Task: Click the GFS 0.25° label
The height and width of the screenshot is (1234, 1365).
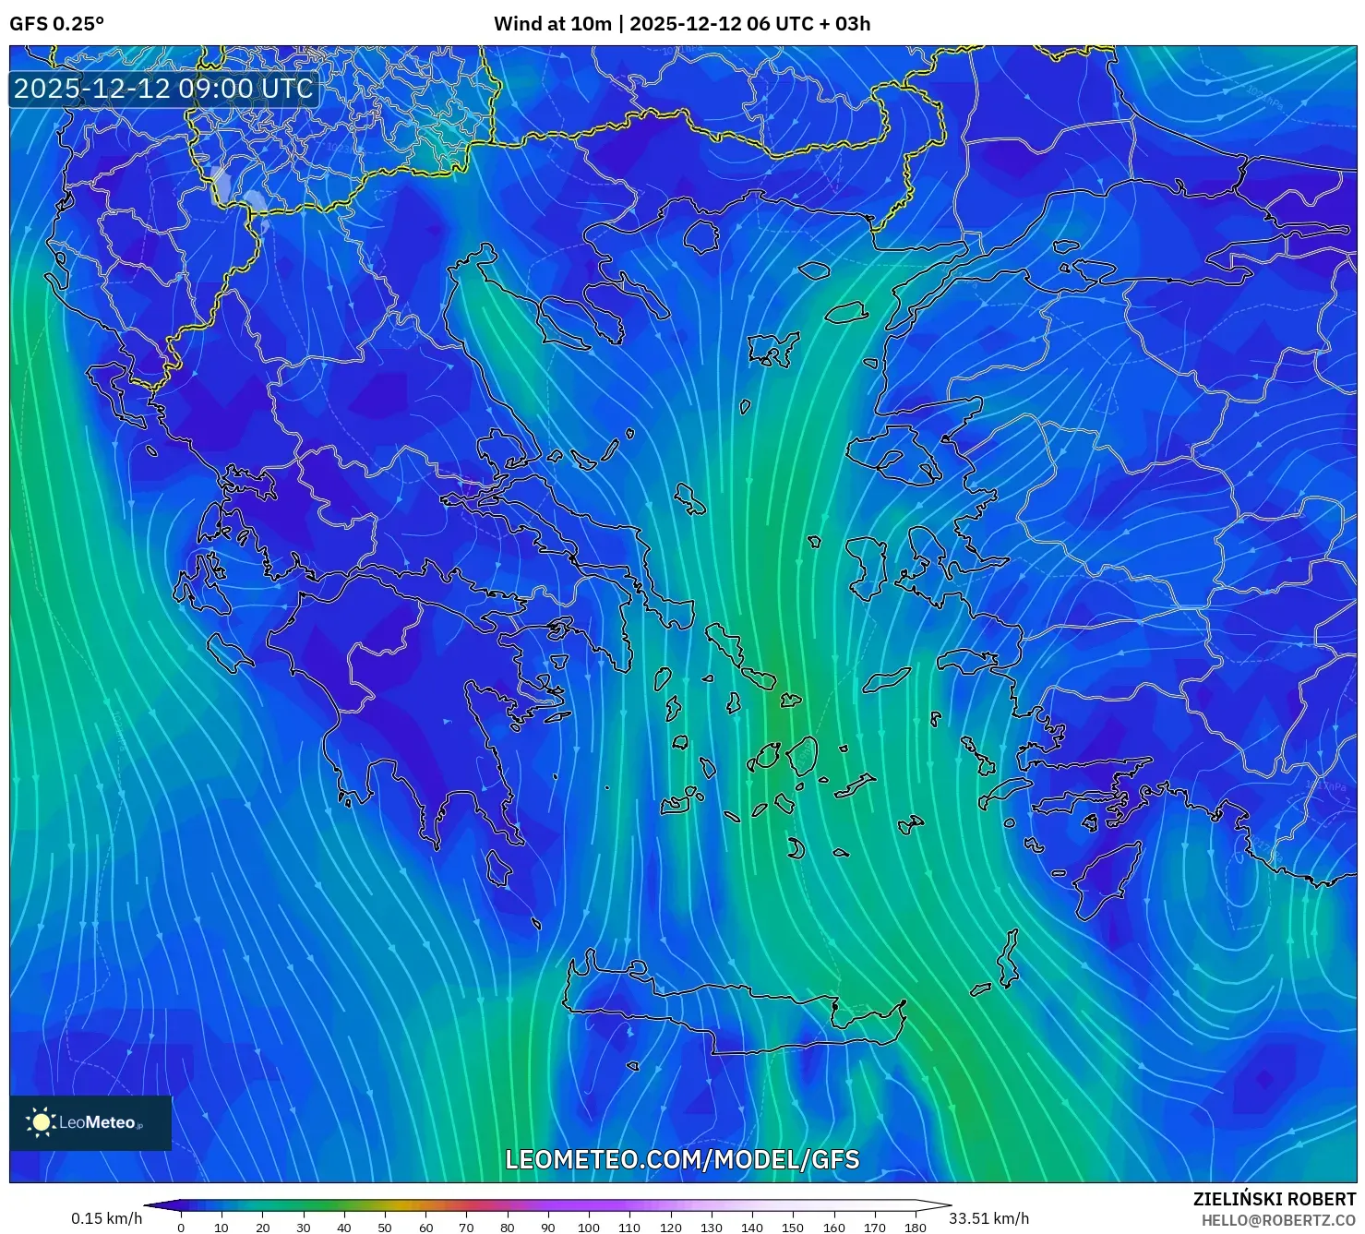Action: pos(56,24)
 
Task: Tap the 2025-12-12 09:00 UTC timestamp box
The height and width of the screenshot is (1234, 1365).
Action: pos(164,89)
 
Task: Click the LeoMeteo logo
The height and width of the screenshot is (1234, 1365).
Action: pos(90,1122)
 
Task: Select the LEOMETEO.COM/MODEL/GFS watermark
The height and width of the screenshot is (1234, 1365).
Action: pos(682,1159)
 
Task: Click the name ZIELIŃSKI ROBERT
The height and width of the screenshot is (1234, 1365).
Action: pos(1275,1199)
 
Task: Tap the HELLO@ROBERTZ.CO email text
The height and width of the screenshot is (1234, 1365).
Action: pos(1278,1220)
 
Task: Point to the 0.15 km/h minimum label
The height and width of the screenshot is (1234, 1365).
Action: pos(106,1218)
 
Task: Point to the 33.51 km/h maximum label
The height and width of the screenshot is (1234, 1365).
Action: pos(988,1218)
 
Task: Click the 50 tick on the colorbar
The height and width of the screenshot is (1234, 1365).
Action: pos(385,1228)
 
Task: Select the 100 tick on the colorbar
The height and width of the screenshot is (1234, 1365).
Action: pos(589,1228)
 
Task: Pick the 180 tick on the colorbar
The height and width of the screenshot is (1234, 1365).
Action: pos(915,1228)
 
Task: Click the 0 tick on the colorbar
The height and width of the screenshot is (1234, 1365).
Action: pos(181,1228)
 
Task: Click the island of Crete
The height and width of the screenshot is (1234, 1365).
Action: pos(729,1011)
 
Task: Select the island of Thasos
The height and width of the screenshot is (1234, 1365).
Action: pos(701,235)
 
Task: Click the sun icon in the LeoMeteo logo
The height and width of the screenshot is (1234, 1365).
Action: pos(41,1122)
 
